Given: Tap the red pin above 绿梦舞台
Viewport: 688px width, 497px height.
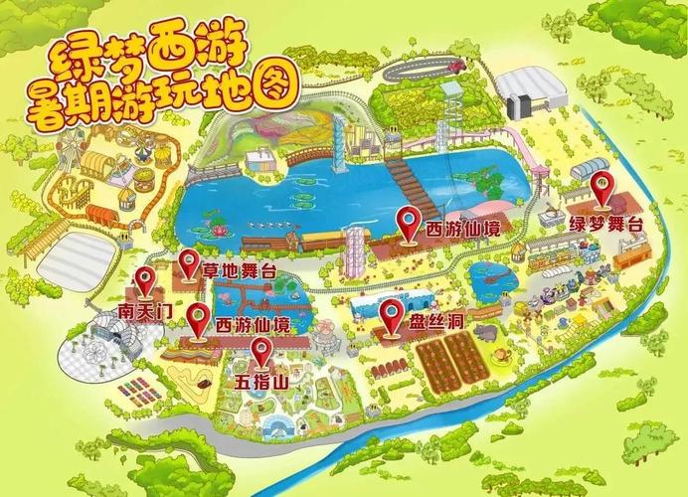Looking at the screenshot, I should coord(601,188).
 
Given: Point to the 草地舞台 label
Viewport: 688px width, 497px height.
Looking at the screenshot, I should coord(240,270).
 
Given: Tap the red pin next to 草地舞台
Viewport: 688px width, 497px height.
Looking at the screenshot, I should coord(189,262).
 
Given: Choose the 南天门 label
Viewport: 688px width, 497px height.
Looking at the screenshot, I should coord(145,311).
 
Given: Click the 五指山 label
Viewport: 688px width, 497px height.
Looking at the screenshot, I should coord(260,382).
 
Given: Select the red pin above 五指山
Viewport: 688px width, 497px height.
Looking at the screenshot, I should coord(260,350).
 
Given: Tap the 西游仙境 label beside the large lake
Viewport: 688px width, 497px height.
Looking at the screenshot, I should coord(462,229).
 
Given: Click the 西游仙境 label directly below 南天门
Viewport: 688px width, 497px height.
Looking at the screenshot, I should coord(254,325).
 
